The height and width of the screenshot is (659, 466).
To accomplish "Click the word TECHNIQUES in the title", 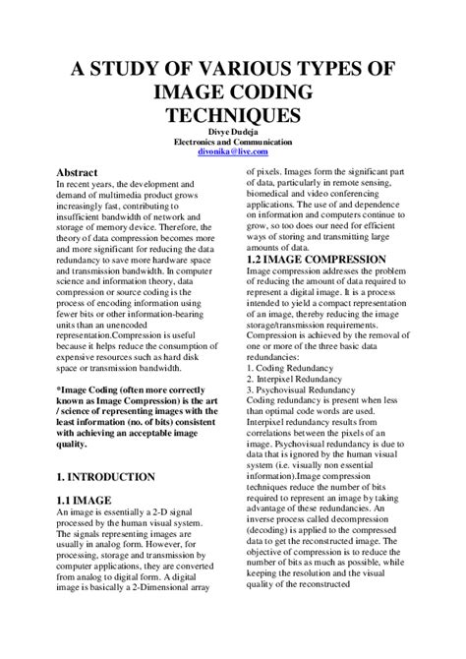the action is point(233,115).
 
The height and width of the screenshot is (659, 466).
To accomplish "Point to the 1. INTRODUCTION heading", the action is point(105,476).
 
